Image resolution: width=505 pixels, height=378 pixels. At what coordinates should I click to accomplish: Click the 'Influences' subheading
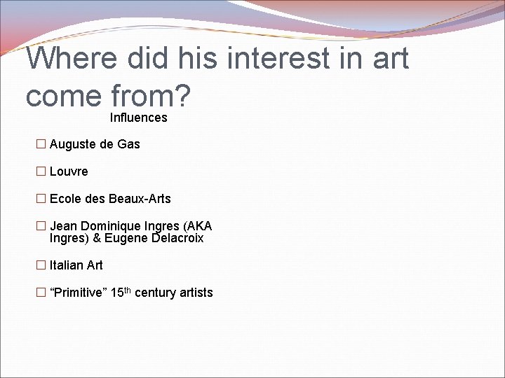click(138, 118)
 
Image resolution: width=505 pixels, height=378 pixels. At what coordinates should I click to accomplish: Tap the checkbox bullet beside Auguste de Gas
click(41, 144)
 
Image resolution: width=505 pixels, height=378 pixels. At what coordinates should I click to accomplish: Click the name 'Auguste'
click(73, 144)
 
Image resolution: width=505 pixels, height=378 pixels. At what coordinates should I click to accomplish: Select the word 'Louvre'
click(69, 171)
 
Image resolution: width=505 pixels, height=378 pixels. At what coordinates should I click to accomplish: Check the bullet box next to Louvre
click(41, 171)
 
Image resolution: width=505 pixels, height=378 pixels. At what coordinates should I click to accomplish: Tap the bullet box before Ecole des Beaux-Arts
click(41, 199)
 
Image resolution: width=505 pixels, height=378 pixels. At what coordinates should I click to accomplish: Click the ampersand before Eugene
click(97, 238)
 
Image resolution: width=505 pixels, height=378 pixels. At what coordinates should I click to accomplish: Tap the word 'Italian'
click(66, 265)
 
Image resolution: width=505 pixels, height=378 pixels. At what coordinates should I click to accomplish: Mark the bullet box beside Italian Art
click(41, 265)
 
